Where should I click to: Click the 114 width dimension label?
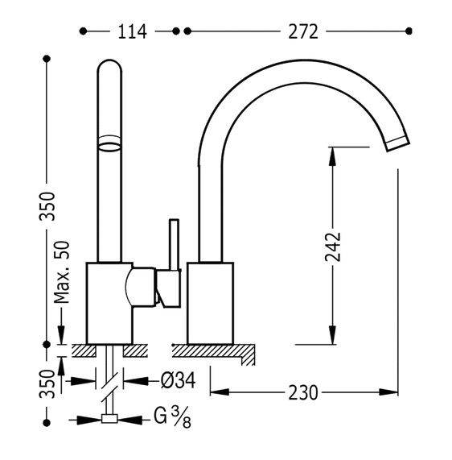(x=132, y=31)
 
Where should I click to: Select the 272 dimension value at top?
(x=303, y=31)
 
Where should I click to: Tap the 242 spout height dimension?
(x=333, y=247)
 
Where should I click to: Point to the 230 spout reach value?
(x=303, y=392)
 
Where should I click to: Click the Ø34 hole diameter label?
(x=178, y=381)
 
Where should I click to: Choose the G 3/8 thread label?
(x=173, y=416)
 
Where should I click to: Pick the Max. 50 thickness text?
(x=62, y=272)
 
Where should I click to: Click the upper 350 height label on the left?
(x=47, y=205)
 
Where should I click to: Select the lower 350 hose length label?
(x=47, y=384)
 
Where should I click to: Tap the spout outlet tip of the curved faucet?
(x=397, y=143)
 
